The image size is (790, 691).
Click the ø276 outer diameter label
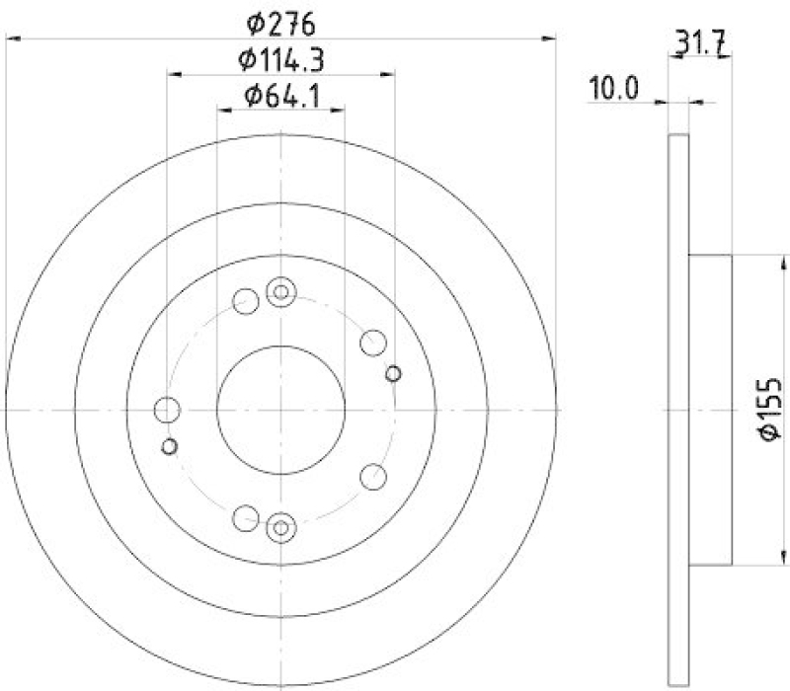click(281, 21)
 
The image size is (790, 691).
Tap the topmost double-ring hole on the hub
click(281, 291)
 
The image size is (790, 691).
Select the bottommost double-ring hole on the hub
click(281, 527)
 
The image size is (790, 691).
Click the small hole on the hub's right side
click(393, 372)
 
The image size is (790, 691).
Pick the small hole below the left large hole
click(169, 446)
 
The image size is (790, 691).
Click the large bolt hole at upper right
click(372, 343)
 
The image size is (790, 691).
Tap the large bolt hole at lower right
click(372, 477)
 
